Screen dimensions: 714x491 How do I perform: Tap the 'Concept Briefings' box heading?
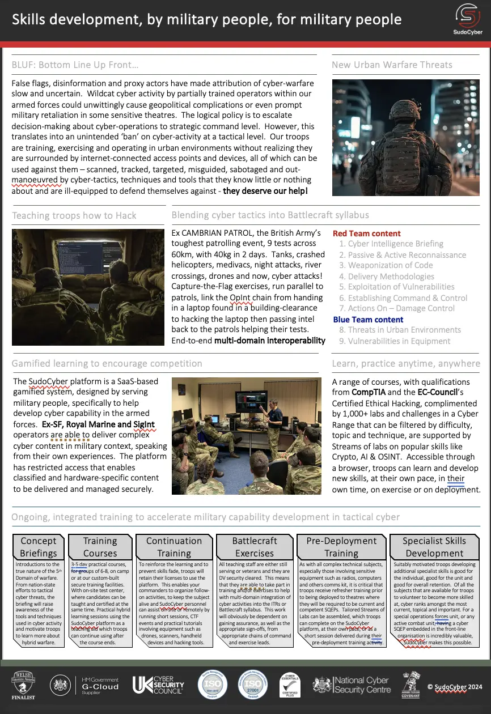[39, 547]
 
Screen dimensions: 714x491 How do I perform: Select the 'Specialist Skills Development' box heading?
[434, 547]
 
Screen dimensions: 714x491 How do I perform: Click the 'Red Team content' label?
[366, 233]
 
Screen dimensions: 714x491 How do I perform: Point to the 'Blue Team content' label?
[368, 320]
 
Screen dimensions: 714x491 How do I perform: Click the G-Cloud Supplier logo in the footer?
[85, 684]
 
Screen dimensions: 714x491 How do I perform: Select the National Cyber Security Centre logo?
[352, 685]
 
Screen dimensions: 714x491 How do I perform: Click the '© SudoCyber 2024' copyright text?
[455, 686]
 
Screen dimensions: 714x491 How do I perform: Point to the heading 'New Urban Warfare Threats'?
[392, 65]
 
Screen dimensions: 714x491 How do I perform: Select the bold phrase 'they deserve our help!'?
[265, 191]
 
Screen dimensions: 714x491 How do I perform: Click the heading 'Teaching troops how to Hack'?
[74, 215]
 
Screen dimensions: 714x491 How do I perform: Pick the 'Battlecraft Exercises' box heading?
[255, 547]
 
